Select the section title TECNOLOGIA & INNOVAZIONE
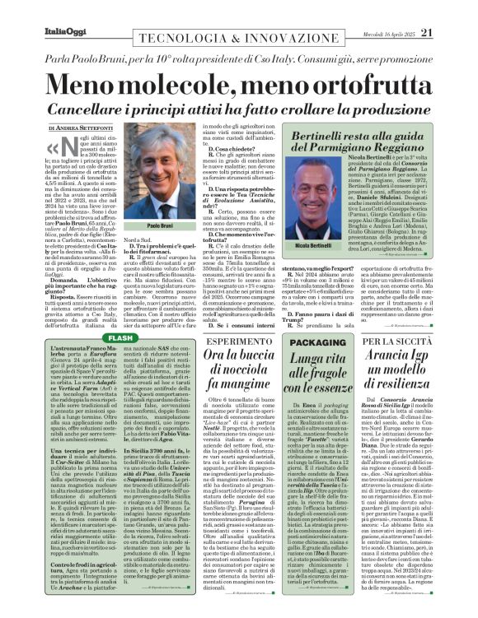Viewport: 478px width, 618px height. [200, 11]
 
